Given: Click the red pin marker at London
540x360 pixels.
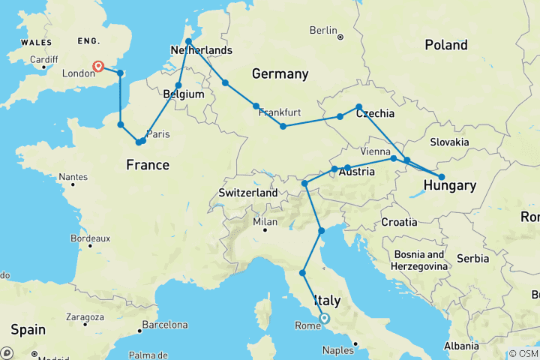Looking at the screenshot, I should [97, 66].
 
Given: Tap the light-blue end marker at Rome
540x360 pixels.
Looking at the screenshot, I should [325, 318].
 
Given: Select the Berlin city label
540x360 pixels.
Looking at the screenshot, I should [323, 30].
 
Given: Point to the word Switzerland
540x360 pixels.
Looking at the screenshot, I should [248, 193].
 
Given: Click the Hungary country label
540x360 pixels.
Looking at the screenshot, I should [449, 185].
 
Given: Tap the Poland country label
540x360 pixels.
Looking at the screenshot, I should [445, 45].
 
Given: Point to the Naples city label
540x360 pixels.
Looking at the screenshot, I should [337, 350].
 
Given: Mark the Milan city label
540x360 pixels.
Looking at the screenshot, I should [265, 221].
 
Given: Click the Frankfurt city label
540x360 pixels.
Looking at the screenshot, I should [280, 113].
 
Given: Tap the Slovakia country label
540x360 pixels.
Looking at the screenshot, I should [449, 142].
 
